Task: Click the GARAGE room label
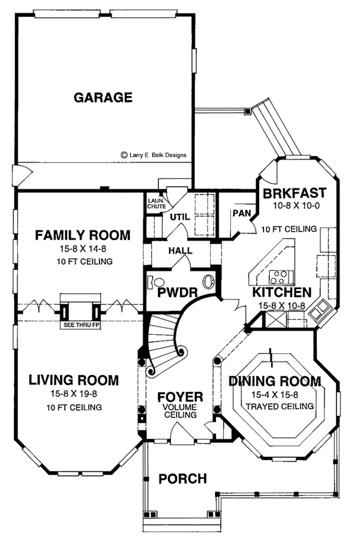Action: (103, 97)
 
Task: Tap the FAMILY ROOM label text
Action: (83, 235)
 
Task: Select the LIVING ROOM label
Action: (74, 380)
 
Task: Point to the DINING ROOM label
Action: (275, 381)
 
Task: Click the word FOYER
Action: (181, 397)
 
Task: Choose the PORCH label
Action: (183, 479)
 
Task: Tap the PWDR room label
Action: (178, 293)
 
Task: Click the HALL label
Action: (181, 250)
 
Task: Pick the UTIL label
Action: (180, 217)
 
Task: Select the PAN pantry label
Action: (242, 213)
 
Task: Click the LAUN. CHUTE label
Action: (157, 204)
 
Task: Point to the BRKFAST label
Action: (295, 193)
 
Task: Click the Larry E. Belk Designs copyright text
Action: (154, 155)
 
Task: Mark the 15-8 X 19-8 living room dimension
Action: (74, 394)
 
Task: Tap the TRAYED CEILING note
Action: (280, 406)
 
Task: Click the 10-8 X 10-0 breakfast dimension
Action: (296, 206)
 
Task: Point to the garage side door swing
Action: (22, 175)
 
